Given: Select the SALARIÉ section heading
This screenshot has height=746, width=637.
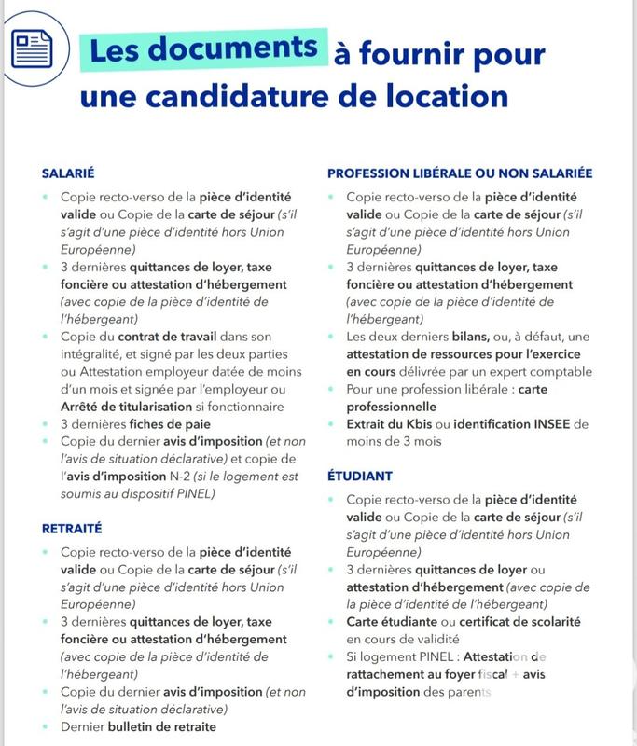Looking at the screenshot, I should (70, 173).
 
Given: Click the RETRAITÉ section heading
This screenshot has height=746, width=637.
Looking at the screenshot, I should (73, 529).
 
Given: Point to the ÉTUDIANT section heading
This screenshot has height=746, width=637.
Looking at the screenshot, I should (359, 476).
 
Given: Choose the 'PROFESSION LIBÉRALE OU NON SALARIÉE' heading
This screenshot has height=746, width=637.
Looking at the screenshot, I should (460, 173).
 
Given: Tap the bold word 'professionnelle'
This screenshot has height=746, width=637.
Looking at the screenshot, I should (392, 407).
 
